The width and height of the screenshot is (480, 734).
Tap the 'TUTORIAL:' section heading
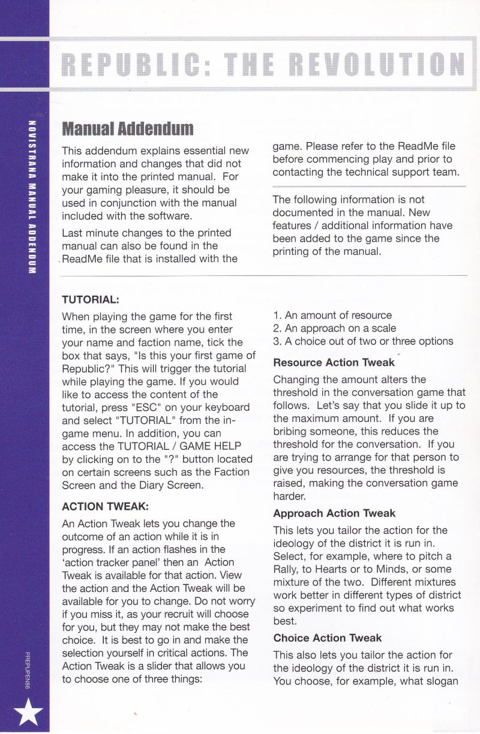tap(91, 298)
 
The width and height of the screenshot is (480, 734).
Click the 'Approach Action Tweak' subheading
tap(334, 513)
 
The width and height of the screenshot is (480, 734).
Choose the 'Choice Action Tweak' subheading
tap(327, 638)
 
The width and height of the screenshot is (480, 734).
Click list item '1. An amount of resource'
tap(332, 315)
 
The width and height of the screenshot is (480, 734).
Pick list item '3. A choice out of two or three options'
tap(363, 341)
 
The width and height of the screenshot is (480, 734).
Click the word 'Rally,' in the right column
tap(286, 569)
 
